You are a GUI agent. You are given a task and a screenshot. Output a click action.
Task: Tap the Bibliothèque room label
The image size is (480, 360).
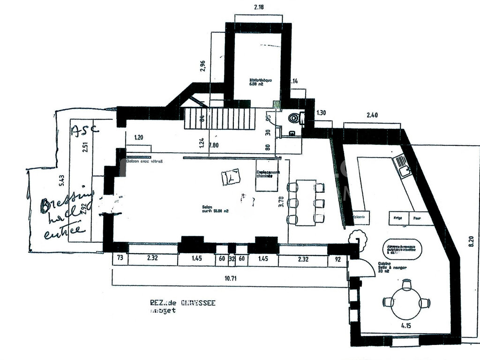click(260, 82)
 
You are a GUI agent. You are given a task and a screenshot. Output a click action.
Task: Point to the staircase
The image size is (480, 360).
click(219, 119)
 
